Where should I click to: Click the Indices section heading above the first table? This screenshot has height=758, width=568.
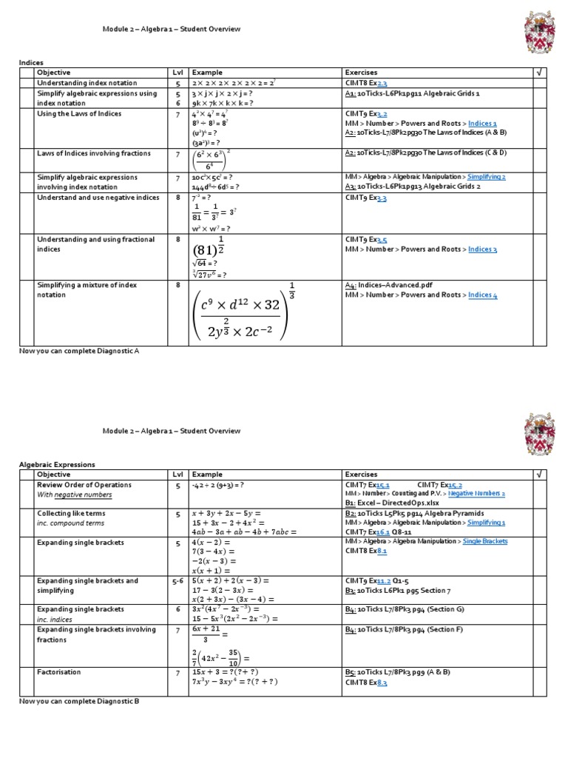pyautogui.click(x=31, y=64)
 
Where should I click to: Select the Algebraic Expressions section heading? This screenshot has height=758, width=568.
pyautogui.click(x=57, y=464)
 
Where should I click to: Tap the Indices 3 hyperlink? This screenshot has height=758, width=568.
pyautogui.click(x=482, y=249)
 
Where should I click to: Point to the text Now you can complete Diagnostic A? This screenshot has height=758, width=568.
pyautogui.click(x=78, y=351)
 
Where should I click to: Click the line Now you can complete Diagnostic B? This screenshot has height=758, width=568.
pyautogui.click(x=78, y=700)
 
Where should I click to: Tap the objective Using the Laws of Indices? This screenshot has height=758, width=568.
pyautogui.click(x=79, y=114)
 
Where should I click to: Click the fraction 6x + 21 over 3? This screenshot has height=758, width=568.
pyautogui.click(x=208, y=634)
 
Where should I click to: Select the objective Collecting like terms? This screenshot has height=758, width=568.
pyautogui.click(x=71, y=513)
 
